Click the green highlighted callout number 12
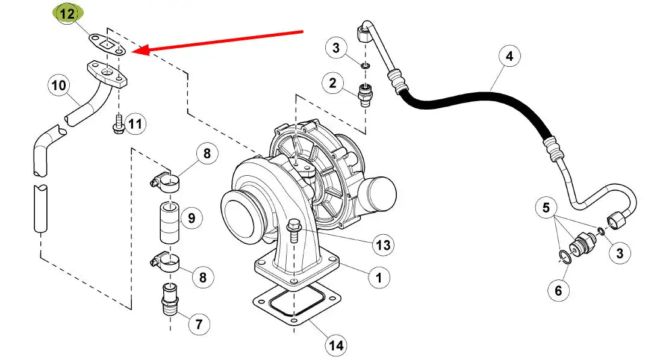(67, 13)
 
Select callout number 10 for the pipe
(58, 85)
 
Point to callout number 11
(135, 123)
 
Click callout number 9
(191, 218)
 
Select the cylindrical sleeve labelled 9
(170, 222)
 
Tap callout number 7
(199, 324)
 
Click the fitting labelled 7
(170, 301)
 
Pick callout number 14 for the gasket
(336, 345)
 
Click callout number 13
(383, 245)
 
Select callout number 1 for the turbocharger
(379, 278)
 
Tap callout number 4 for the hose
(509, 56)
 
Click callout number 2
(332, 83)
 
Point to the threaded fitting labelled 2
(366, 95)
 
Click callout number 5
(546, 208)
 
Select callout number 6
(558, 290)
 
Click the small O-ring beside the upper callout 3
(366, 66)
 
